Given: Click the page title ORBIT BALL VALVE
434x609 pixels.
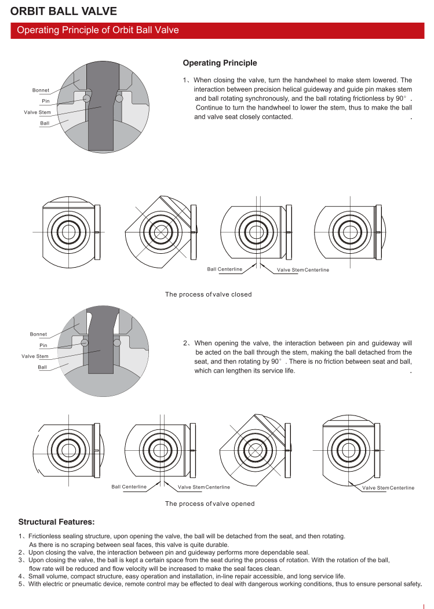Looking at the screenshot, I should (64, 11).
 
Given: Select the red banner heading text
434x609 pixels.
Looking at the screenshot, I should (98, 30).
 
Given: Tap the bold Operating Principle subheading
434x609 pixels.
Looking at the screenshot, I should (220, 63).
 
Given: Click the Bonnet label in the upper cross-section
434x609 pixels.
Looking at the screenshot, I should (41, 90).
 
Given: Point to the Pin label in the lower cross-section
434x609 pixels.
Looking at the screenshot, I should (43, 345).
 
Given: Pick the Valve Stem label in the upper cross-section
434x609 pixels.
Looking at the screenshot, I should (37, 112).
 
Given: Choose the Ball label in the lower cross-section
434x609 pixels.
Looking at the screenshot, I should (42, 367).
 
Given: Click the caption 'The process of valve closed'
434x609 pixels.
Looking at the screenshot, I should (208, 294).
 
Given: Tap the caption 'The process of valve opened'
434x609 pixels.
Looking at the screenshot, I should (209, 504).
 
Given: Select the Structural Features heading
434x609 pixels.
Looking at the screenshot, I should (56, 522).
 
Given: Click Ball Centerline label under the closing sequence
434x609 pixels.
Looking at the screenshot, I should (225, 269).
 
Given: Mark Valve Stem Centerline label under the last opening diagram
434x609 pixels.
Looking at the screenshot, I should (388, 488).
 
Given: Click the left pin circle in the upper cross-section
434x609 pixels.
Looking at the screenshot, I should (86, 99).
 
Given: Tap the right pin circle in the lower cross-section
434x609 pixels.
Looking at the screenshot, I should (117, 343).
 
